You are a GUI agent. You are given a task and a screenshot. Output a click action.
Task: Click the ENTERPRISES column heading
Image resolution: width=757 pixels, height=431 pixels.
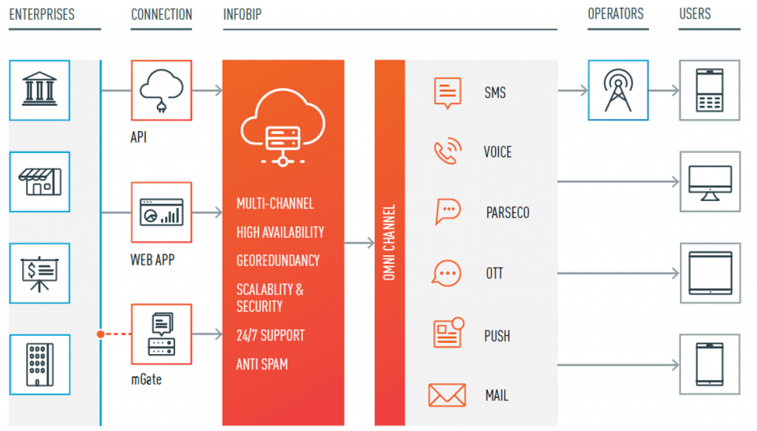pos(41,14)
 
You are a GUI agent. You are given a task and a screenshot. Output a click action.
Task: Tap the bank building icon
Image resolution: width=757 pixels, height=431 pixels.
pos(40,90)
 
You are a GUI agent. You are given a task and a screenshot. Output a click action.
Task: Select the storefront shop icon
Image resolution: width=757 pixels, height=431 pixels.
pos(40,182)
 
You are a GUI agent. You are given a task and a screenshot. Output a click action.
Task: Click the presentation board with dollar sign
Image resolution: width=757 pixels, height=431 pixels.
pos(40,273)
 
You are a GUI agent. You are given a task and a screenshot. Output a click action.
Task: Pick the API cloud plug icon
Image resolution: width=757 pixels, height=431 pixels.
pos(161,90)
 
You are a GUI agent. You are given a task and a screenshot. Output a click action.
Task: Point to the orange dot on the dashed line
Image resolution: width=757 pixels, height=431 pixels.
pos(101,334)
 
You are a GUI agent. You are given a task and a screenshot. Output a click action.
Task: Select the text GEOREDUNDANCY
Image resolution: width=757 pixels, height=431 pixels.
pos(278,260)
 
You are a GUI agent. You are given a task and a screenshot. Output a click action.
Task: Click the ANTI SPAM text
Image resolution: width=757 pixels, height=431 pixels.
pos(262,364)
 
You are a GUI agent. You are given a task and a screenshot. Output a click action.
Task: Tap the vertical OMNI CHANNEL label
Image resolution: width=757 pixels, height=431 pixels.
pos(390,242)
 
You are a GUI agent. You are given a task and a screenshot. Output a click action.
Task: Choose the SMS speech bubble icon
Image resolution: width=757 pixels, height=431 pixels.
pos(447,92)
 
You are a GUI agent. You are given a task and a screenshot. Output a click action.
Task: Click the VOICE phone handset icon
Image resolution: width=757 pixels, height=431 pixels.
pos(447,152)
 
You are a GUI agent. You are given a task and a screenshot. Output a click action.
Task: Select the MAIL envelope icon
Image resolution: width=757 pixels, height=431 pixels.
pos(447,395)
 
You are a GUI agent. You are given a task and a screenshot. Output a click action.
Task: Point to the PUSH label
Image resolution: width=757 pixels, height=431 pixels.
pos(497,336)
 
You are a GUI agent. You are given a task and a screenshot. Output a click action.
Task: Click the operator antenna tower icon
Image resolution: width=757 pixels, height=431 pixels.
pos(618,90)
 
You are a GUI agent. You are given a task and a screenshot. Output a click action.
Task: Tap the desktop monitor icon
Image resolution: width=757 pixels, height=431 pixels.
pos(710,182)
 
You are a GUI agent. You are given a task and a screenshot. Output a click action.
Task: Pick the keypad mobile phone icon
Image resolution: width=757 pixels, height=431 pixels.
pos(710,90)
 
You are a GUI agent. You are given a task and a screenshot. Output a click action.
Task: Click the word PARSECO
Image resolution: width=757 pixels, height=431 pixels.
pos(508,213)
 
